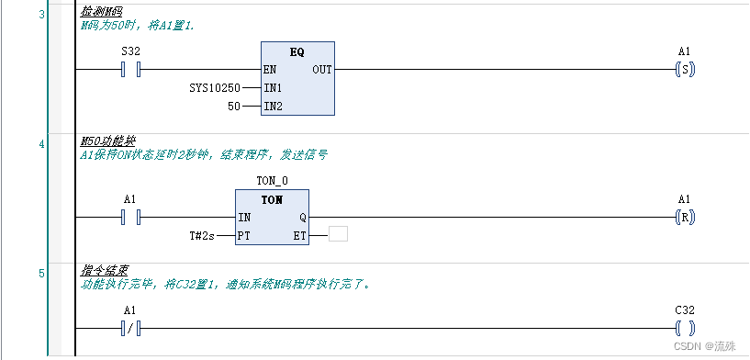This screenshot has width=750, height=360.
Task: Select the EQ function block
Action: click(x=297, y=79)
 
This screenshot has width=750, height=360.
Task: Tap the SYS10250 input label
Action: click(x=214, y=88)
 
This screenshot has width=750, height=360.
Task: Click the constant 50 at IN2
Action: click(x=233, y=107)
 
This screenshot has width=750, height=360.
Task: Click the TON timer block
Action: click(x=272, y=218)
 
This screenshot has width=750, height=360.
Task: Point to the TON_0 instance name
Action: click(x=272, y=182)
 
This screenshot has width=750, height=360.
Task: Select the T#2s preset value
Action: click(x=202, y=236)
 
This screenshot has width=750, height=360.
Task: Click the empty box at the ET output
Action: click(x=338, y=234)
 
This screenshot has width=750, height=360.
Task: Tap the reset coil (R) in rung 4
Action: click(x=684, y=218)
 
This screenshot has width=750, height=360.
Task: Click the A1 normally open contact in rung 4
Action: click(x=130, y=218)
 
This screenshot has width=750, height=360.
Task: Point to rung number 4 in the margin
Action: click(x=41, y=143)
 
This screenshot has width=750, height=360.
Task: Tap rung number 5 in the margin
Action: click(x=41, y=273)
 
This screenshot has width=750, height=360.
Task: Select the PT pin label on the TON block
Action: click(x=244, y=236)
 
